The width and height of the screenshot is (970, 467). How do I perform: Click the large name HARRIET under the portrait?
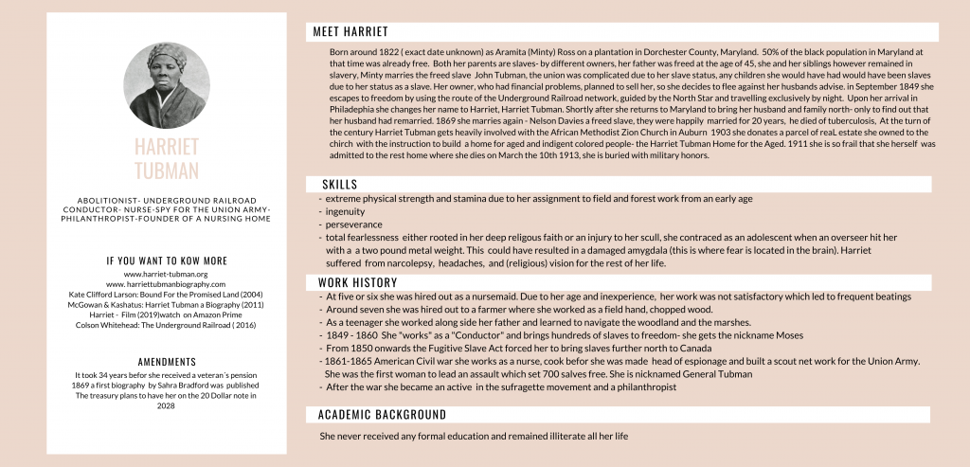(x=167, y=148)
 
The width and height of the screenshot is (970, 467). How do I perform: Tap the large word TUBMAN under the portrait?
(x=167, y=171)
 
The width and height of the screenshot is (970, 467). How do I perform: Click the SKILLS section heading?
(x=339, y=184)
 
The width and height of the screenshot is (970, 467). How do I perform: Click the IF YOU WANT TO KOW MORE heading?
(x=167, y=260)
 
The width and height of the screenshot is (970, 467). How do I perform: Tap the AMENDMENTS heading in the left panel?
(x=167, y=362)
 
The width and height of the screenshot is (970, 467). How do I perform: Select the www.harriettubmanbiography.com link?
(x=167, y=284)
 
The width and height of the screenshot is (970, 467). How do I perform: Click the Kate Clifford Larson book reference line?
(x=167, y=295)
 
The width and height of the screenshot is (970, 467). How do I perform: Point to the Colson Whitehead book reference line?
(x=167, y=326)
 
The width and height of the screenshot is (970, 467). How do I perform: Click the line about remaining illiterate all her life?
(x=475, y=436)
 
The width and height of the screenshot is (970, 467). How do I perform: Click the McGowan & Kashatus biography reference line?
(x=167, y=305)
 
